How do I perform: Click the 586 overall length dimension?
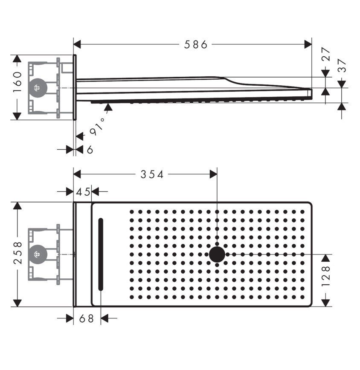tap(195, 44)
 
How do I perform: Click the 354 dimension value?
tap(153, 174)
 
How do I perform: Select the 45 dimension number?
tap(83, 192)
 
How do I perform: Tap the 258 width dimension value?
tap(17, 254)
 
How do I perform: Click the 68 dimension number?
tap(87, 318)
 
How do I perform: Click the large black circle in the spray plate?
tap(217, 254)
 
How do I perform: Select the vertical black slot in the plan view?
tap(101, 254)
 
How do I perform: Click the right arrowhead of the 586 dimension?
tap(308, 44)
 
